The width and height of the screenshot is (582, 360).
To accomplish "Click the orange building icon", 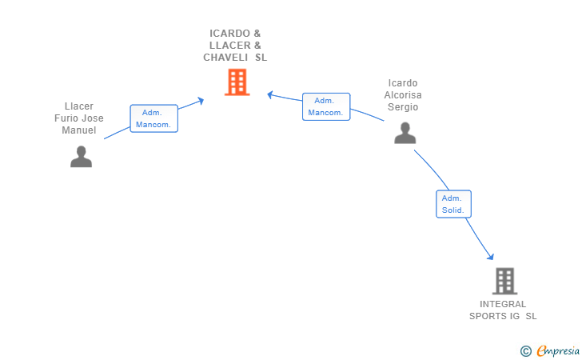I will (237, 82).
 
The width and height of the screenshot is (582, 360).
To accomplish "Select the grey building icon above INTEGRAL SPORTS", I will (504, 281).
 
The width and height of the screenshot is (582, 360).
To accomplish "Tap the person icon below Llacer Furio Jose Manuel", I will (81, 157).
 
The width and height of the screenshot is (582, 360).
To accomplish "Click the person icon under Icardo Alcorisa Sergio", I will (405, 133).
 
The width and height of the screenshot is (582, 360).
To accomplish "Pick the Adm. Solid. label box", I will (453, 204).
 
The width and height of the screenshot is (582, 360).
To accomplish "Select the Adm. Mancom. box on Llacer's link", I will (153, 118).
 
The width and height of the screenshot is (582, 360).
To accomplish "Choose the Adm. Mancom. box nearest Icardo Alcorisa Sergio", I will (326, 106).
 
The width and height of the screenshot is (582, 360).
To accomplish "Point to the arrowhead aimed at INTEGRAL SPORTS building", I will (491, 256).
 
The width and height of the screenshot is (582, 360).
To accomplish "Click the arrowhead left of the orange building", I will (201, 101).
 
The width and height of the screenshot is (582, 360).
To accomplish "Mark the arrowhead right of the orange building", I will (271, 94).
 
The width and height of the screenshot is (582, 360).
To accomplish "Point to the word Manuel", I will (79, 130).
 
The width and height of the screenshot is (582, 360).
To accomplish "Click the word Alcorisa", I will (403, 95).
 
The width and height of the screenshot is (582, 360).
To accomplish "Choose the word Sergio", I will (403, 107).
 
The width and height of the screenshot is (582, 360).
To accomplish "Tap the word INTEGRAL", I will (503, 304).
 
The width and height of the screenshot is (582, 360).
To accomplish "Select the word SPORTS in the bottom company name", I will (488, 316).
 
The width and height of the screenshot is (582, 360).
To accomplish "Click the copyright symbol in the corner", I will (525, 350).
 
